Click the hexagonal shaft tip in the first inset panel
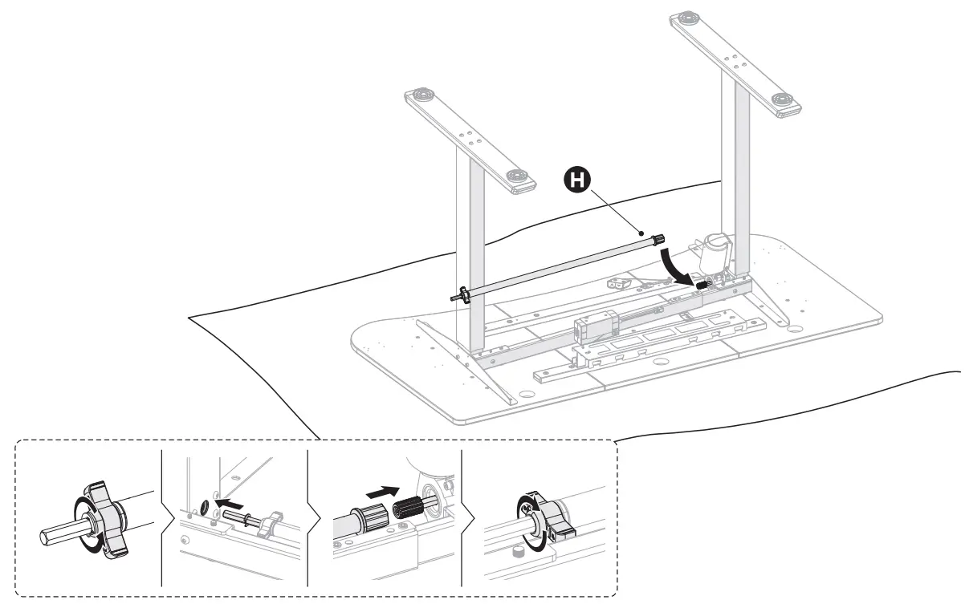pyautogui.click(x=55, y=535)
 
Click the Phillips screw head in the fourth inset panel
pyautogui.click(x=526, y=507)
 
